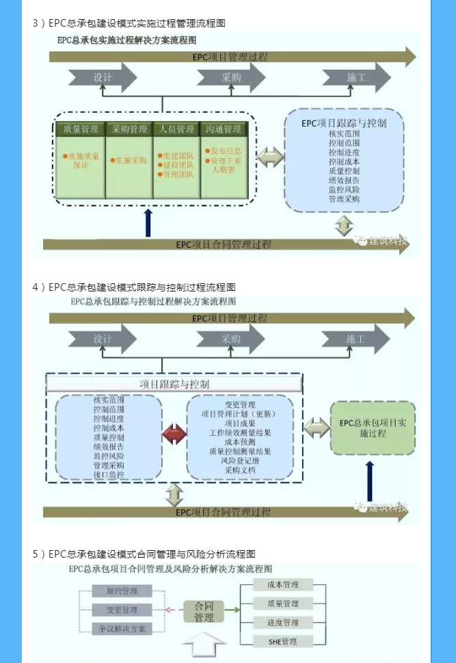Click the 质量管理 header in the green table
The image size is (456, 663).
tap(81, 129)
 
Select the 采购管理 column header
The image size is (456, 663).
tap(130, 129)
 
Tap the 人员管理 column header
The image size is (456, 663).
tap(176, 129)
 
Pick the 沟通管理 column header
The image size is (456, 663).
tap(223, 129)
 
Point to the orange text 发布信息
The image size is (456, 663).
tap(222, 151)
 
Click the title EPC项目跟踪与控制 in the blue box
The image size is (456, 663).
tap(344, 124)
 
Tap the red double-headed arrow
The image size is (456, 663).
tap(174, 432)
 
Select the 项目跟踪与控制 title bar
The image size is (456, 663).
tap(174, 384)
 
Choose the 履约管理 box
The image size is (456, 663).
tap(121, 590)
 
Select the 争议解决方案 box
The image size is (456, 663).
tap(121, 628)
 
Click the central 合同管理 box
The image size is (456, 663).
tap(204, 612)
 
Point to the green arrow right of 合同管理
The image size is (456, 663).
tap(232, 609)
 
